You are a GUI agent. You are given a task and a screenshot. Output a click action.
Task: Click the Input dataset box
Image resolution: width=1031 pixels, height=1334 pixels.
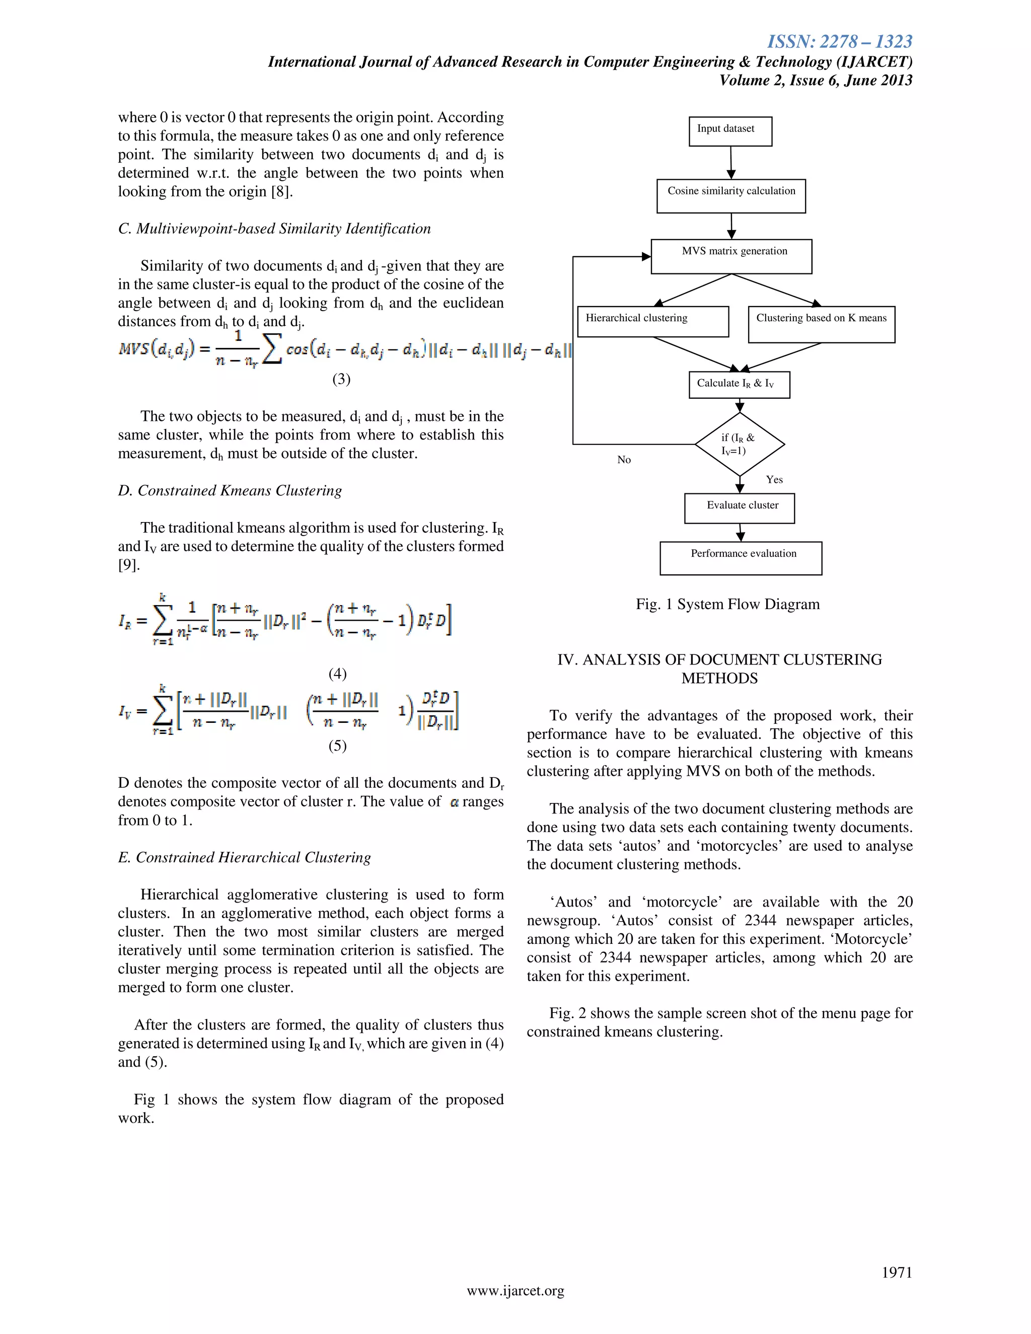point(730,131)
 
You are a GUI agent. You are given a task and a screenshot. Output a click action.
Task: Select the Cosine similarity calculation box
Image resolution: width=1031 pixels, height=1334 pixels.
point(730,195)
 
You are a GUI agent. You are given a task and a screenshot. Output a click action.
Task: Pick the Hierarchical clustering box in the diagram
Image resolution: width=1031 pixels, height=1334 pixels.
point(652,321)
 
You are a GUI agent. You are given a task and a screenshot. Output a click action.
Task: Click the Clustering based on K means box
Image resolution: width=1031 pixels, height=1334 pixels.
point(821,324)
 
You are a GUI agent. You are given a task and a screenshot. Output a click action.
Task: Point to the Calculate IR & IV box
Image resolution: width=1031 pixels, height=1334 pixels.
point(739,385)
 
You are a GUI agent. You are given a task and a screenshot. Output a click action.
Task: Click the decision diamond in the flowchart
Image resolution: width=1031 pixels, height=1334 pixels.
point(740,444)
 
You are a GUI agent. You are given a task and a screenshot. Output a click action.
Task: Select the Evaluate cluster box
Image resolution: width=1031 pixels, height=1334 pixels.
point(739,508)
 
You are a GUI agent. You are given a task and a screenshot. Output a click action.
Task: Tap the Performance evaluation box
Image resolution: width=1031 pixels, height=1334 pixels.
point(740,558)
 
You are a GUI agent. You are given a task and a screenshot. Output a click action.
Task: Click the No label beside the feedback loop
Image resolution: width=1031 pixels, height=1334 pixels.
point(624,460)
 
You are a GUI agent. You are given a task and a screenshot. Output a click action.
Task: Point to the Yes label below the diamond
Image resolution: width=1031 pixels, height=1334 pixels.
point(774,479)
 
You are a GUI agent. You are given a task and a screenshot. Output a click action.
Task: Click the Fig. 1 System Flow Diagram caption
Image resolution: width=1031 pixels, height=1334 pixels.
point(727,604)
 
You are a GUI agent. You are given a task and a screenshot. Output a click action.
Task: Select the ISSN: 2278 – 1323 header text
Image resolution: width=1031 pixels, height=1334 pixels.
point(839,42)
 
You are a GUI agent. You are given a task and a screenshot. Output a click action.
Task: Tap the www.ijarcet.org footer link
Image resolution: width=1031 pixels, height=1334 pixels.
point(515,1291)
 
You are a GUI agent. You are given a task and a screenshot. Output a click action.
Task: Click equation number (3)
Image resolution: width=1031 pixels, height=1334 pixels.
point(341,380)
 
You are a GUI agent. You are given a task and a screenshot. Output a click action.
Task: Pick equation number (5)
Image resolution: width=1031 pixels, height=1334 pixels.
point(337,746)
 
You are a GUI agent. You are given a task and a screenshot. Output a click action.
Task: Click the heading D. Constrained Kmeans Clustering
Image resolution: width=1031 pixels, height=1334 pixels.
point(230,490)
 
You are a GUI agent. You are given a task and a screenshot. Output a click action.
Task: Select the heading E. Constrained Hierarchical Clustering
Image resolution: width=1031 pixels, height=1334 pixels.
point(244,858)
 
